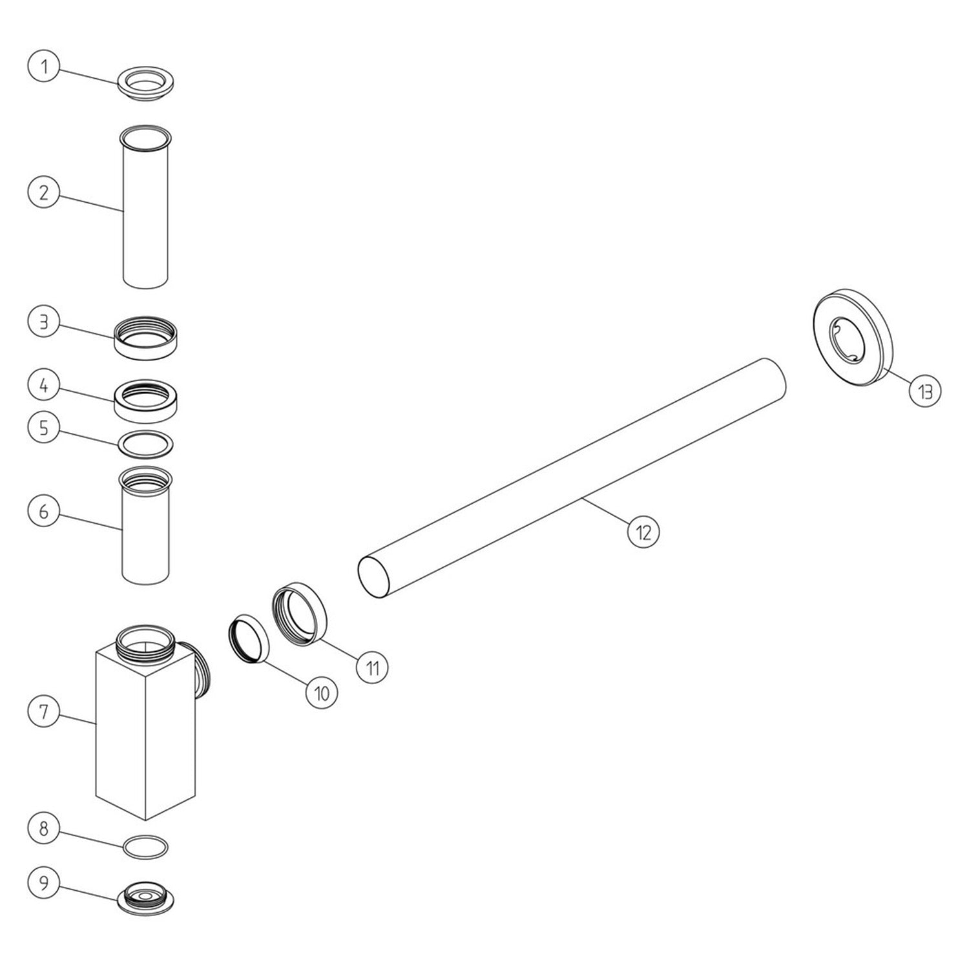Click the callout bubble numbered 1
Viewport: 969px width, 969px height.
(x=44, y=68)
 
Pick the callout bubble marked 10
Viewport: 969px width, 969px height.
(x=321, y=693)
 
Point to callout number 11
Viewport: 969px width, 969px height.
(x=373, y=667)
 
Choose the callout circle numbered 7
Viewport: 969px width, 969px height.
(x=44, y=712)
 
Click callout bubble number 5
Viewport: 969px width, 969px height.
(x=44, y=428)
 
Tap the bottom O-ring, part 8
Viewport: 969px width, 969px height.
(x=146, y=846)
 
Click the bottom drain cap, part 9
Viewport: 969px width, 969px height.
(x=146, y=897)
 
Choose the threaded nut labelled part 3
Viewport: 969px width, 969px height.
(x=146, y=335)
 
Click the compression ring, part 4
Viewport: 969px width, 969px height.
(x=146, y=399)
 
